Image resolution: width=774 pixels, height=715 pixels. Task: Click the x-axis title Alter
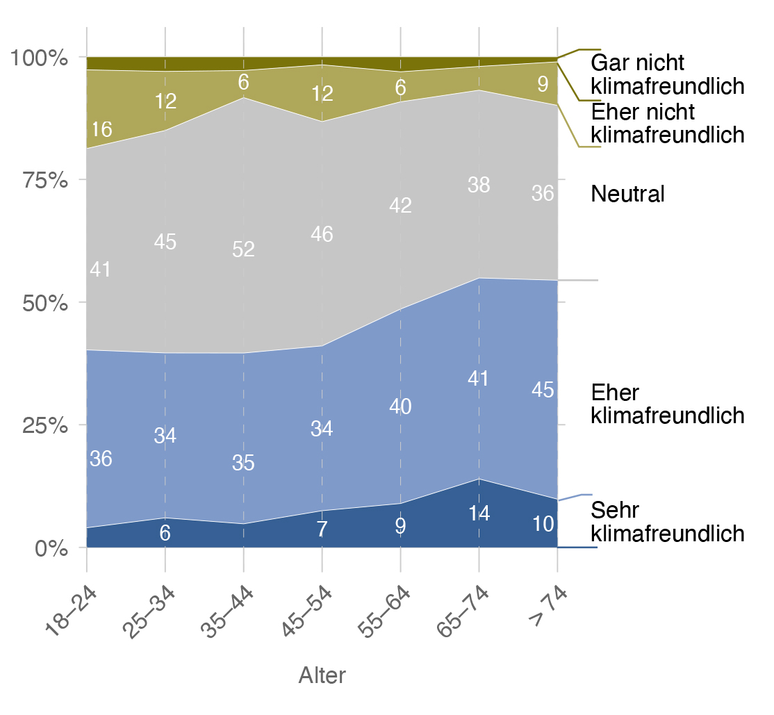[x=322, y=675]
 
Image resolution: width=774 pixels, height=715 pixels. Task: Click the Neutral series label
[x=627, y=195]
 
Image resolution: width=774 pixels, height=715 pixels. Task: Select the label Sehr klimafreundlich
[x=667, y=522]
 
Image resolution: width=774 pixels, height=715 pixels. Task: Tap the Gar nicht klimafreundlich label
[x=667, y=74]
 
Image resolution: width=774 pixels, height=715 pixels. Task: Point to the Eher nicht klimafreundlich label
[x=667, y=122]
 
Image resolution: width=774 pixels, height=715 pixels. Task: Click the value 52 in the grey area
[x=243, y=249]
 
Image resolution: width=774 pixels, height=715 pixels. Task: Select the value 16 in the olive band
[x=101, y=130]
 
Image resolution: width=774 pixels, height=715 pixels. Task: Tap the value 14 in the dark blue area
[x=479, y=513]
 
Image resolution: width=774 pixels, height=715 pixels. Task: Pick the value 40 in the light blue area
[x=400, y=407]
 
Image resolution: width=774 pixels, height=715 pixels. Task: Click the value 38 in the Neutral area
[x=479, y=186]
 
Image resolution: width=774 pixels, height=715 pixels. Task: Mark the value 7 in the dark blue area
[x=322, y=529]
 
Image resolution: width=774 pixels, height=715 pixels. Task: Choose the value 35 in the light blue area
[x=243, y=463]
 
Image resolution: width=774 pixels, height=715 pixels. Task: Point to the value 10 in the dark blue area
[x=542, y=524]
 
